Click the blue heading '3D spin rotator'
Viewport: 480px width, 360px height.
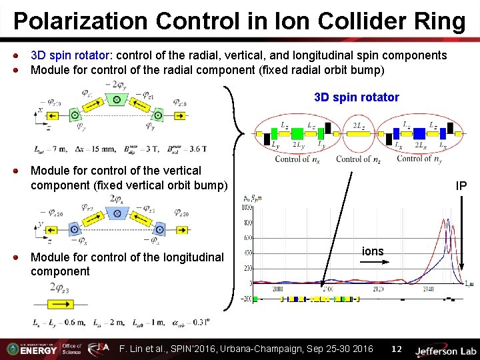pyautogui.click(x=356, y=97)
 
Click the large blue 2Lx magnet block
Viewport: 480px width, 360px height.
pyautogui.click(x=421, y=133)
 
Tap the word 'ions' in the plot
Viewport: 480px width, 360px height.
pyautogui.click(x=373, y=251)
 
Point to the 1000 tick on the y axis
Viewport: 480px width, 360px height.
pyautogui.click(x=247, y=207)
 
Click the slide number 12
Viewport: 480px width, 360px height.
pyautogui.click(x=396, y=349)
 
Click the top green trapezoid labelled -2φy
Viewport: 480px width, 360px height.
pyautogui.click(x=117, y=99)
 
